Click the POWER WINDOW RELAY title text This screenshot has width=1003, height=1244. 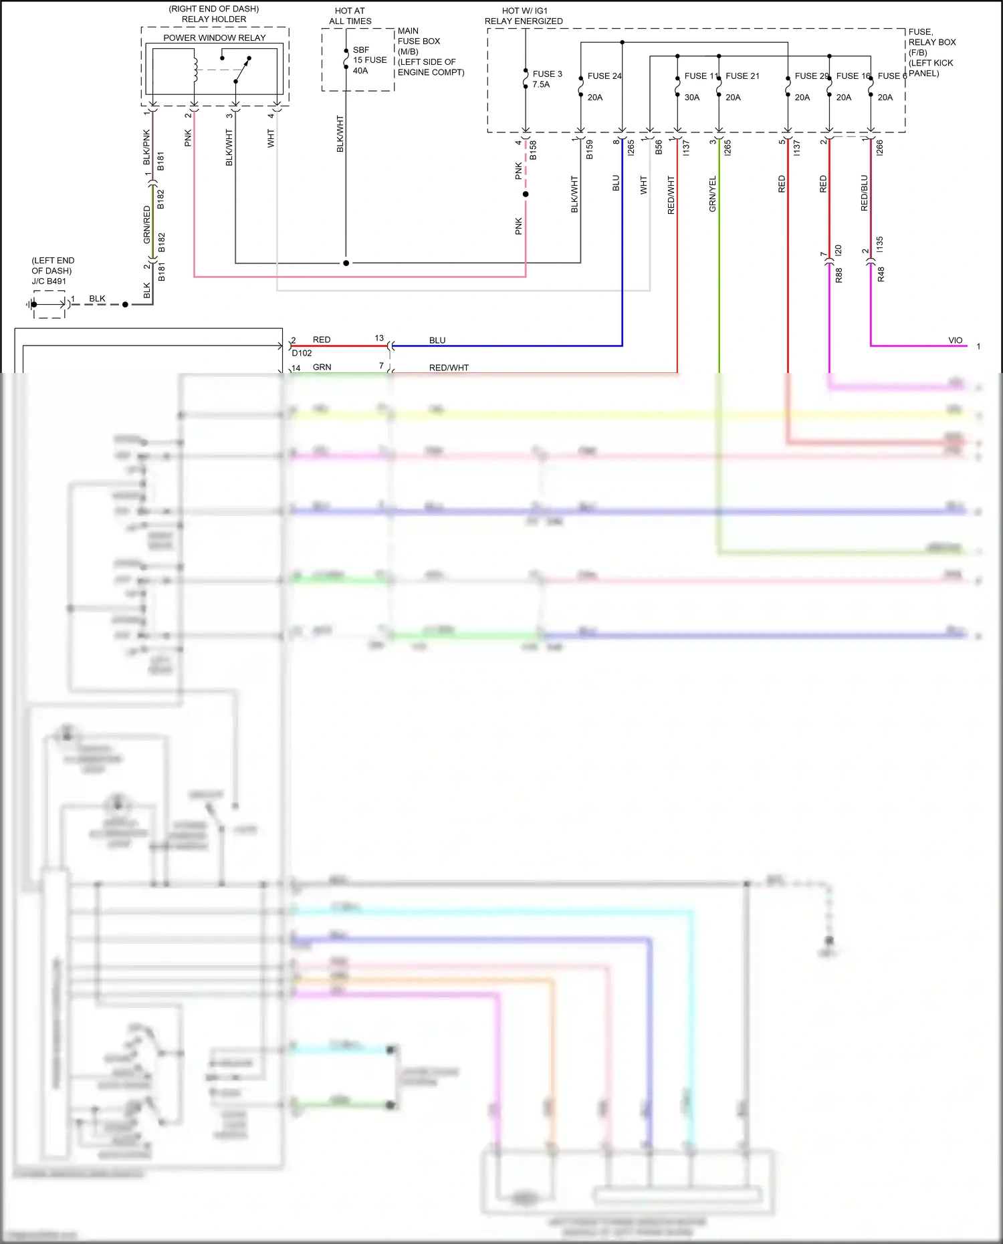coord(214,38)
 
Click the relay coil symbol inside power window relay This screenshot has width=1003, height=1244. coord(195,69)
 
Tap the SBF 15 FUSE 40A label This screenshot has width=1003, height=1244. coord(369,60)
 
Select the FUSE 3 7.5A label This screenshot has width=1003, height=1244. coord(547,79)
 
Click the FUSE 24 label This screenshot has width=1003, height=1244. coord(604,76)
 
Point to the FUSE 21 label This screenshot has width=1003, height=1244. coord(742,76)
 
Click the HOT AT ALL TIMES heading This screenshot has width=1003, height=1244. coord(350,16)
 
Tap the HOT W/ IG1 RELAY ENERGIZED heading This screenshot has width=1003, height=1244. coord(524,16)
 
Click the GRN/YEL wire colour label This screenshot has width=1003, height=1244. coord(712,195)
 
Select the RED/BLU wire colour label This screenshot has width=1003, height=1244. coord(864,193)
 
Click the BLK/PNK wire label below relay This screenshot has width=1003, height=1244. coord(146,148)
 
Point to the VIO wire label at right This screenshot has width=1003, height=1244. coord(955,340)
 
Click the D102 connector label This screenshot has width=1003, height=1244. coord(302,353)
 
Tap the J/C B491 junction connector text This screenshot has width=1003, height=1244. coord(49,281)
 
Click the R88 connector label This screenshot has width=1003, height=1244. coord(839,275)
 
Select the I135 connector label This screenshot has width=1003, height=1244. coord(880,245)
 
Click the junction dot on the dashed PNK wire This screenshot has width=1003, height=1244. coord(526,195)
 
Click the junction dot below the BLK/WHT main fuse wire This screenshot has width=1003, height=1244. coord(346,263)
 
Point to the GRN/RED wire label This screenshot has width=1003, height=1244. coord(146,225)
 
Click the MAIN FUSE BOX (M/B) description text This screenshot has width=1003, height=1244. coord(430,51)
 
